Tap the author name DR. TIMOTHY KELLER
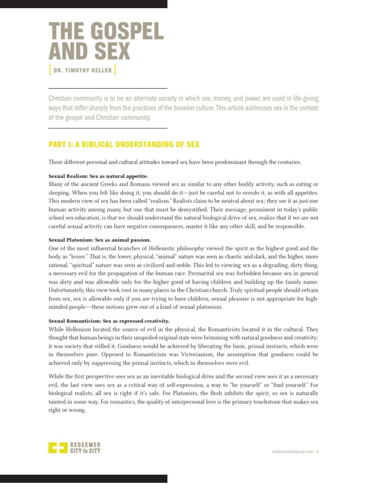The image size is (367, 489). coord(82,71)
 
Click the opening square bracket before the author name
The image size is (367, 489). coord(50,71)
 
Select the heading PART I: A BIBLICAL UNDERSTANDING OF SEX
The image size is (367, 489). coord(124,144)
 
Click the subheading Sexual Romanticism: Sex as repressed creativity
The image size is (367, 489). coord(109,321)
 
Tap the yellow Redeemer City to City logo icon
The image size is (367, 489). coord(58,448)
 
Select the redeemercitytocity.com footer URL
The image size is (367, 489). coord(291,451)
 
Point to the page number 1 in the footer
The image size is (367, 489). coord(317,451)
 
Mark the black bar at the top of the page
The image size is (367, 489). coord(84,4)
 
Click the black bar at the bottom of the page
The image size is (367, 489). coord(84,478)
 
